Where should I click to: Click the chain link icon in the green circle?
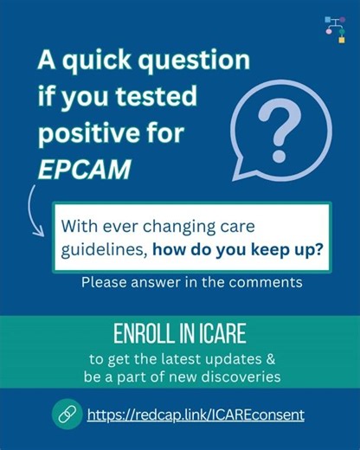[x=66, y=415]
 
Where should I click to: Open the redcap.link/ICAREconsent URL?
[x=196, y=415]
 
